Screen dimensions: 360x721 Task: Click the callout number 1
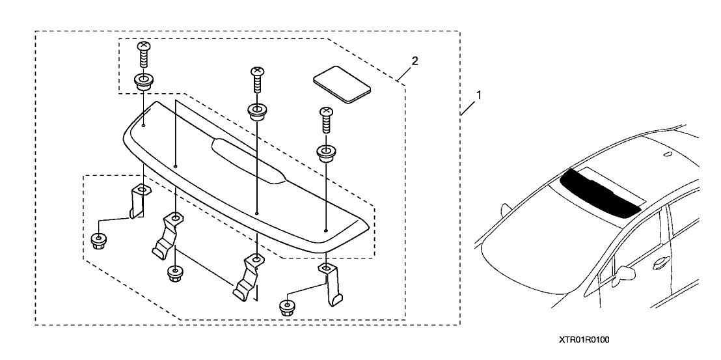(479, 95)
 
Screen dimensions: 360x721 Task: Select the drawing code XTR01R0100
(583, 340)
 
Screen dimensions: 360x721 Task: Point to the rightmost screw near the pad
(325, 120)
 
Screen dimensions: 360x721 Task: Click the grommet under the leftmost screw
(143, 83)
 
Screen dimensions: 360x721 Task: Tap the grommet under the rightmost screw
(326, 154)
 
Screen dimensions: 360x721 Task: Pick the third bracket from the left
(247, 278)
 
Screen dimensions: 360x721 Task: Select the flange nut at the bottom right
(286, 307)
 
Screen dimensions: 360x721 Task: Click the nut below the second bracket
(175, 273)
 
